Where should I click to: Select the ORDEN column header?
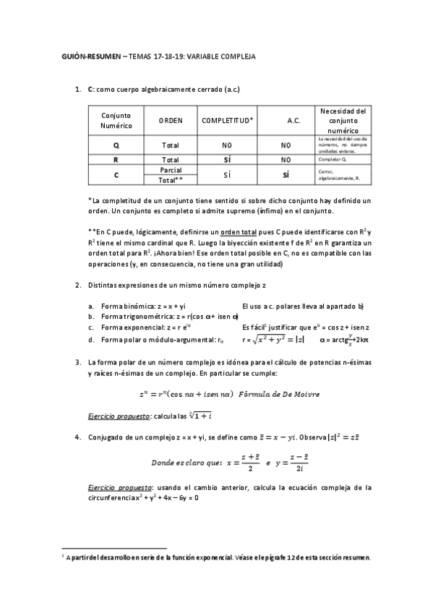pos(171,121)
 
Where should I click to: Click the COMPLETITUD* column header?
pos(227,121)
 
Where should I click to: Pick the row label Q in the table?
pos(116,145)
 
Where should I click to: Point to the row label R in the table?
pos(116,160)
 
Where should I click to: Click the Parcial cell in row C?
pos(171,170)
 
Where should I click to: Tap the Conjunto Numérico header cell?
pos(116,121)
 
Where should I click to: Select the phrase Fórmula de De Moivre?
pos(278,393)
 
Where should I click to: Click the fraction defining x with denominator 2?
pos(245,461)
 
